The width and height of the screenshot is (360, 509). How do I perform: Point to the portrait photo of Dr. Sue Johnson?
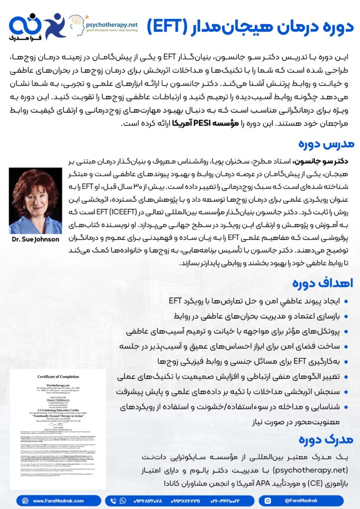point(35,201)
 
